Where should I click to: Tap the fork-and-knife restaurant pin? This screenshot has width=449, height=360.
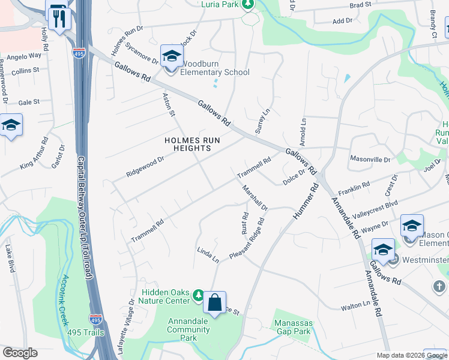tap(58, 18)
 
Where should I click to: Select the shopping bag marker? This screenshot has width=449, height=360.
tap(214, 304)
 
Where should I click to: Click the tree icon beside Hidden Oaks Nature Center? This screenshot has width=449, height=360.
tap(199, 295)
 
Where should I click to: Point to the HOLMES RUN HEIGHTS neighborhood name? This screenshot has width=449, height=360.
tap(192, 144)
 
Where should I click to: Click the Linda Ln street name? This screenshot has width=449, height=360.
tap(208, 254)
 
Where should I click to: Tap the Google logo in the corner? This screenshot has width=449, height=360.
tap(20, 353)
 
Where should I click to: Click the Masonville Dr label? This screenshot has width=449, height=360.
tap(370, 160)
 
